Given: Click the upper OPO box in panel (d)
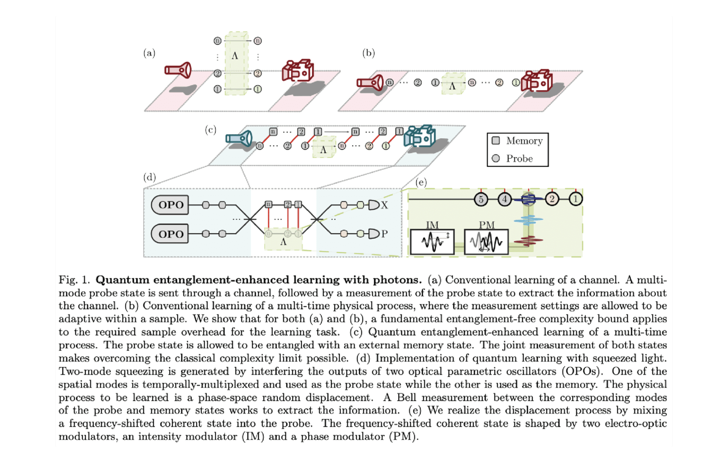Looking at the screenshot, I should click(170, 205).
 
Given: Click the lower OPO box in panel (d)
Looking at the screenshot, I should click(170, 234).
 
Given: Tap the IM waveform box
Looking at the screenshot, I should click(432, 242).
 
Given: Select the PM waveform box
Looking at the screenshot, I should click(486, 242).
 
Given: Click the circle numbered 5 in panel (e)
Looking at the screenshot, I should click(481, 199).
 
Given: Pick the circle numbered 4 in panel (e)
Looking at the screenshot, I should click(504, 199).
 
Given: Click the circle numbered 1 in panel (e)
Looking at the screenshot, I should click(576, 199).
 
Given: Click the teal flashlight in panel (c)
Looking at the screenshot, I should click(239, 139).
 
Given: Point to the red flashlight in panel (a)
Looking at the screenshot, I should click(178, 70).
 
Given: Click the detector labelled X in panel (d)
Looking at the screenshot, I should click(374, 205).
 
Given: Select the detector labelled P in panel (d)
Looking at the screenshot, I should click(374, 234).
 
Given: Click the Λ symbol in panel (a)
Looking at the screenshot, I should click(235, 56).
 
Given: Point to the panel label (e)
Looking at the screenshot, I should click(421, 183).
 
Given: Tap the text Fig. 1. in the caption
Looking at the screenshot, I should click(74, 280).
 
